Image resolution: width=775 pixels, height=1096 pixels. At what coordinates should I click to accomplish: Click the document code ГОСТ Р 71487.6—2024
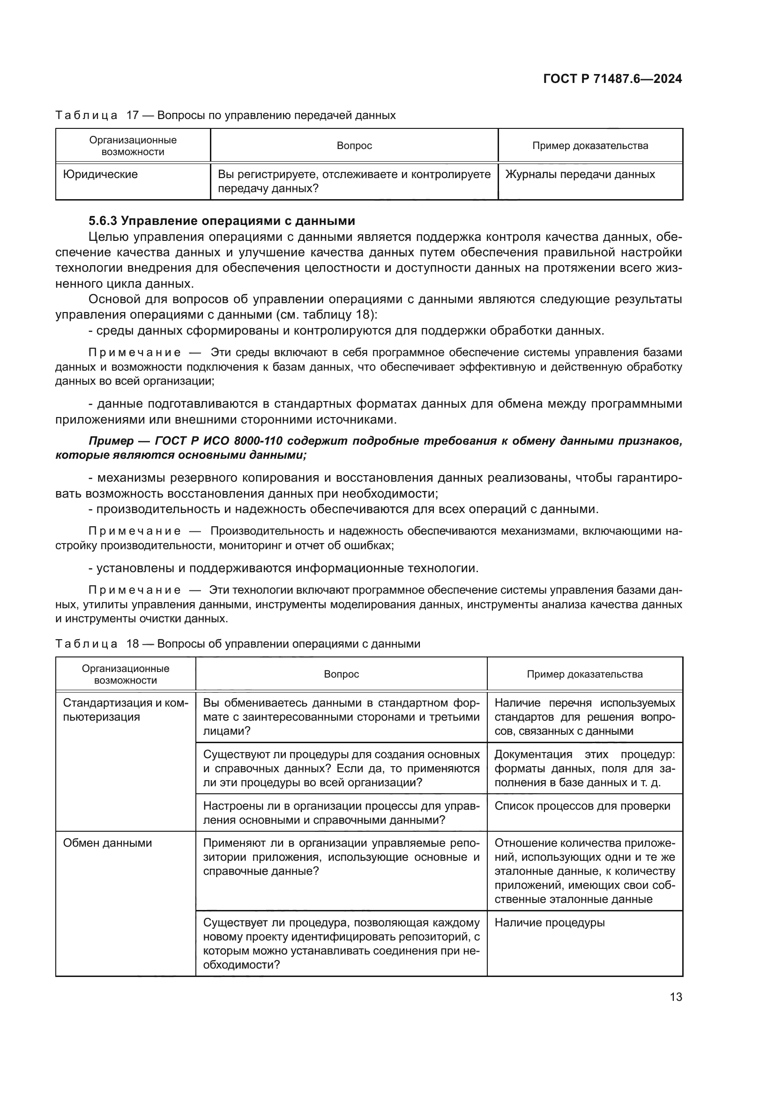click(612, 79)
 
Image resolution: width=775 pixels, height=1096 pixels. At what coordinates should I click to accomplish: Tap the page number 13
click(676, 997)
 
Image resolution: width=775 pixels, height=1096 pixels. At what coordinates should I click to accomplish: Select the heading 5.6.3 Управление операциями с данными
click(222, 221)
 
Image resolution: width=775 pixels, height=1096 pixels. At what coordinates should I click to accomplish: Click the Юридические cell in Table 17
click(101, 174)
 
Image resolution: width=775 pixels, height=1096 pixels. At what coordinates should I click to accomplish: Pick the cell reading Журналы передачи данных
click(580, 174)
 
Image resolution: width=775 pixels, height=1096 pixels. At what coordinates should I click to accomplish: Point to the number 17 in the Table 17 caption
click(132, 115)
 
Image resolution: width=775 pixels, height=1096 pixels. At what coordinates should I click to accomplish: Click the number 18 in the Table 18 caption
click(132, 643)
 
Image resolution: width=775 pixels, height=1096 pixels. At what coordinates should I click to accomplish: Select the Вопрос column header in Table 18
click(341, 674)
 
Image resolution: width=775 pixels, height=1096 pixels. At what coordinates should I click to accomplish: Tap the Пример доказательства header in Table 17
click(590, 146)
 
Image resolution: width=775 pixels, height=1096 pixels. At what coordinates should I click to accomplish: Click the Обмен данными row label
click(107, 843)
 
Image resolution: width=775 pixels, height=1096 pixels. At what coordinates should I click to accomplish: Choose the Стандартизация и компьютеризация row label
click(126, 710)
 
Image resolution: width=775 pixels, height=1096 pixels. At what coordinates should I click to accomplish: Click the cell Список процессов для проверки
click(582, 806)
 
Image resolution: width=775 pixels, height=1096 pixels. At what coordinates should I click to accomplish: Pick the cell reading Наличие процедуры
click(549, 922)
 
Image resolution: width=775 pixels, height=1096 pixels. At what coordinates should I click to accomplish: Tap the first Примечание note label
click(134, 353)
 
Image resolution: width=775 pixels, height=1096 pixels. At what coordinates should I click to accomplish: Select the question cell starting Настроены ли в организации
click(341, 813)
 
